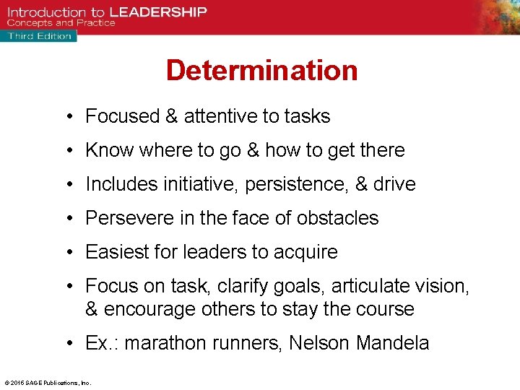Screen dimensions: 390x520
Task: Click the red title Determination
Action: point(261,71)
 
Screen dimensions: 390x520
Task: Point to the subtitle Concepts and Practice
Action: point(61,23)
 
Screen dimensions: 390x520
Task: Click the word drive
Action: point(394,184)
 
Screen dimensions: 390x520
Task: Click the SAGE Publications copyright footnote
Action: point(48,383)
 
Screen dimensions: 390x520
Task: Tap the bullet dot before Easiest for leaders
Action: point(74,252)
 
